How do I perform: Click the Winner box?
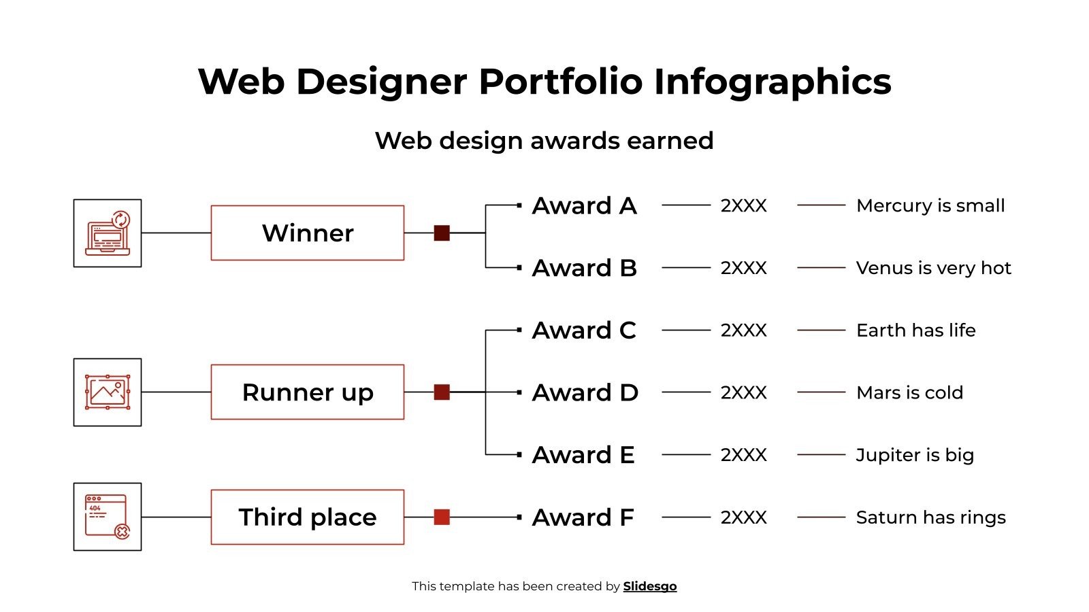[x=307, y=233]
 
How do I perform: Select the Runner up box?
[x=307, y=392]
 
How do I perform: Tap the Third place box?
[x=307, y=517]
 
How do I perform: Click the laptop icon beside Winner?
[x=108, y=233]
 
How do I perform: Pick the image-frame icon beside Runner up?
[x=108, y=392]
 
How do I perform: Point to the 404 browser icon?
[x=108, y=517]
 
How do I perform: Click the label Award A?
[x=584, y=205]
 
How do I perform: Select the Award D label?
[x=585, y=392]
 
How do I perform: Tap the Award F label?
[x=583, y=517]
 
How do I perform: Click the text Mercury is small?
[x=930, y=205]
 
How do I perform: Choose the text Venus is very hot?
[x=933, y=268]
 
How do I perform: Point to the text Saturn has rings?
[x=930, y=517]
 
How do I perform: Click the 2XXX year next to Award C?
[x=743, y=330]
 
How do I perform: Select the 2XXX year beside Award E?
[x=743, y=455]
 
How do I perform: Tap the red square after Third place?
[x=442, y=517]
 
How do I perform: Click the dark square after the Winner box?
[x=442, y=233]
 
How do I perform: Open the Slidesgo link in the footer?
[x=649, y=586]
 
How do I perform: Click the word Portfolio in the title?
[x=560, y=82]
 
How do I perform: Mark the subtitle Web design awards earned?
[x=544, y=141]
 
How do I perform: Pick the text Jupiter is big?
[x=915, y=455]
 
